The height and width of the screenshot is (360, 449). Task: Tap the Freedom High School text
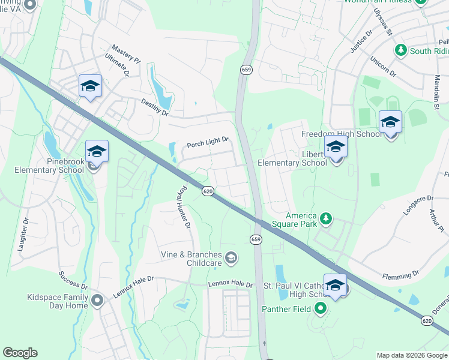tap(341, 134)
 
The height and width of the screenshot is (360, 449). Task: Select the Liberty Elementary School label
tap(292, 158)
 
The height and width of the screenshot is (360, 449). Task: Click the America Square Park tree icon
tap(326, 218)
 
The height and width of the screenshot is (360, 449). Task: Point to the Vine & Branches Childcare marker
tap(231, 259)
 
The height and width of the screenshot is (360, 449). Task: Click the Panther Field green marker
tap(320, 309)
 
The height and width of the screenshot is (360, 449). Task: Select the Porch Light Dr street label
tap(208, 143)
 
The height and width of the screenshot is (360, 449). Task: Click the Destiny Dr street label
tap(155, 107)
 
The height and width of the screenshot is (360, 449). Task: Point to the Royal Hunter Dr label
tap(183, 208)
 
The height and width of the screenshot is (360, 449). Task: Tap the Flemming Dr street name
tap(400, 275)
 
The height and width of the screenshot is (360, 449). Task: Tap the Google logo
tap(20, 353)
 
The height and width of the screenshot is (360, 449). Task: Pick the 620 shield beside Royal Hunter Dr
tap(208, 191)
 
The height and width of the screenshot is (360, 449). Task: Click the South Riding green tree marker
tap(400, 50)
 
